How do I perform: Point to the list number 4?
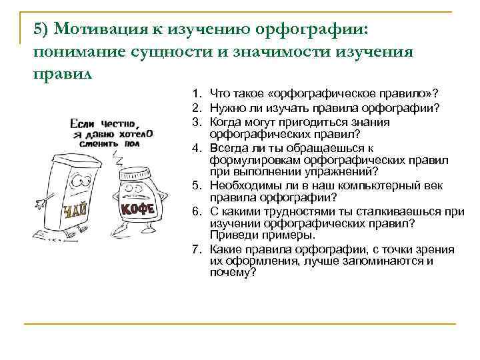pyautogui.click(x=197, y=147)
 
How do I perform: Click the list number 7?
pyautogui.click(x=197, y=249)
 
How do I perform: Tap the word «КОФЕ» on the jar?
pyautogui.click(x=137, y=209)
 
